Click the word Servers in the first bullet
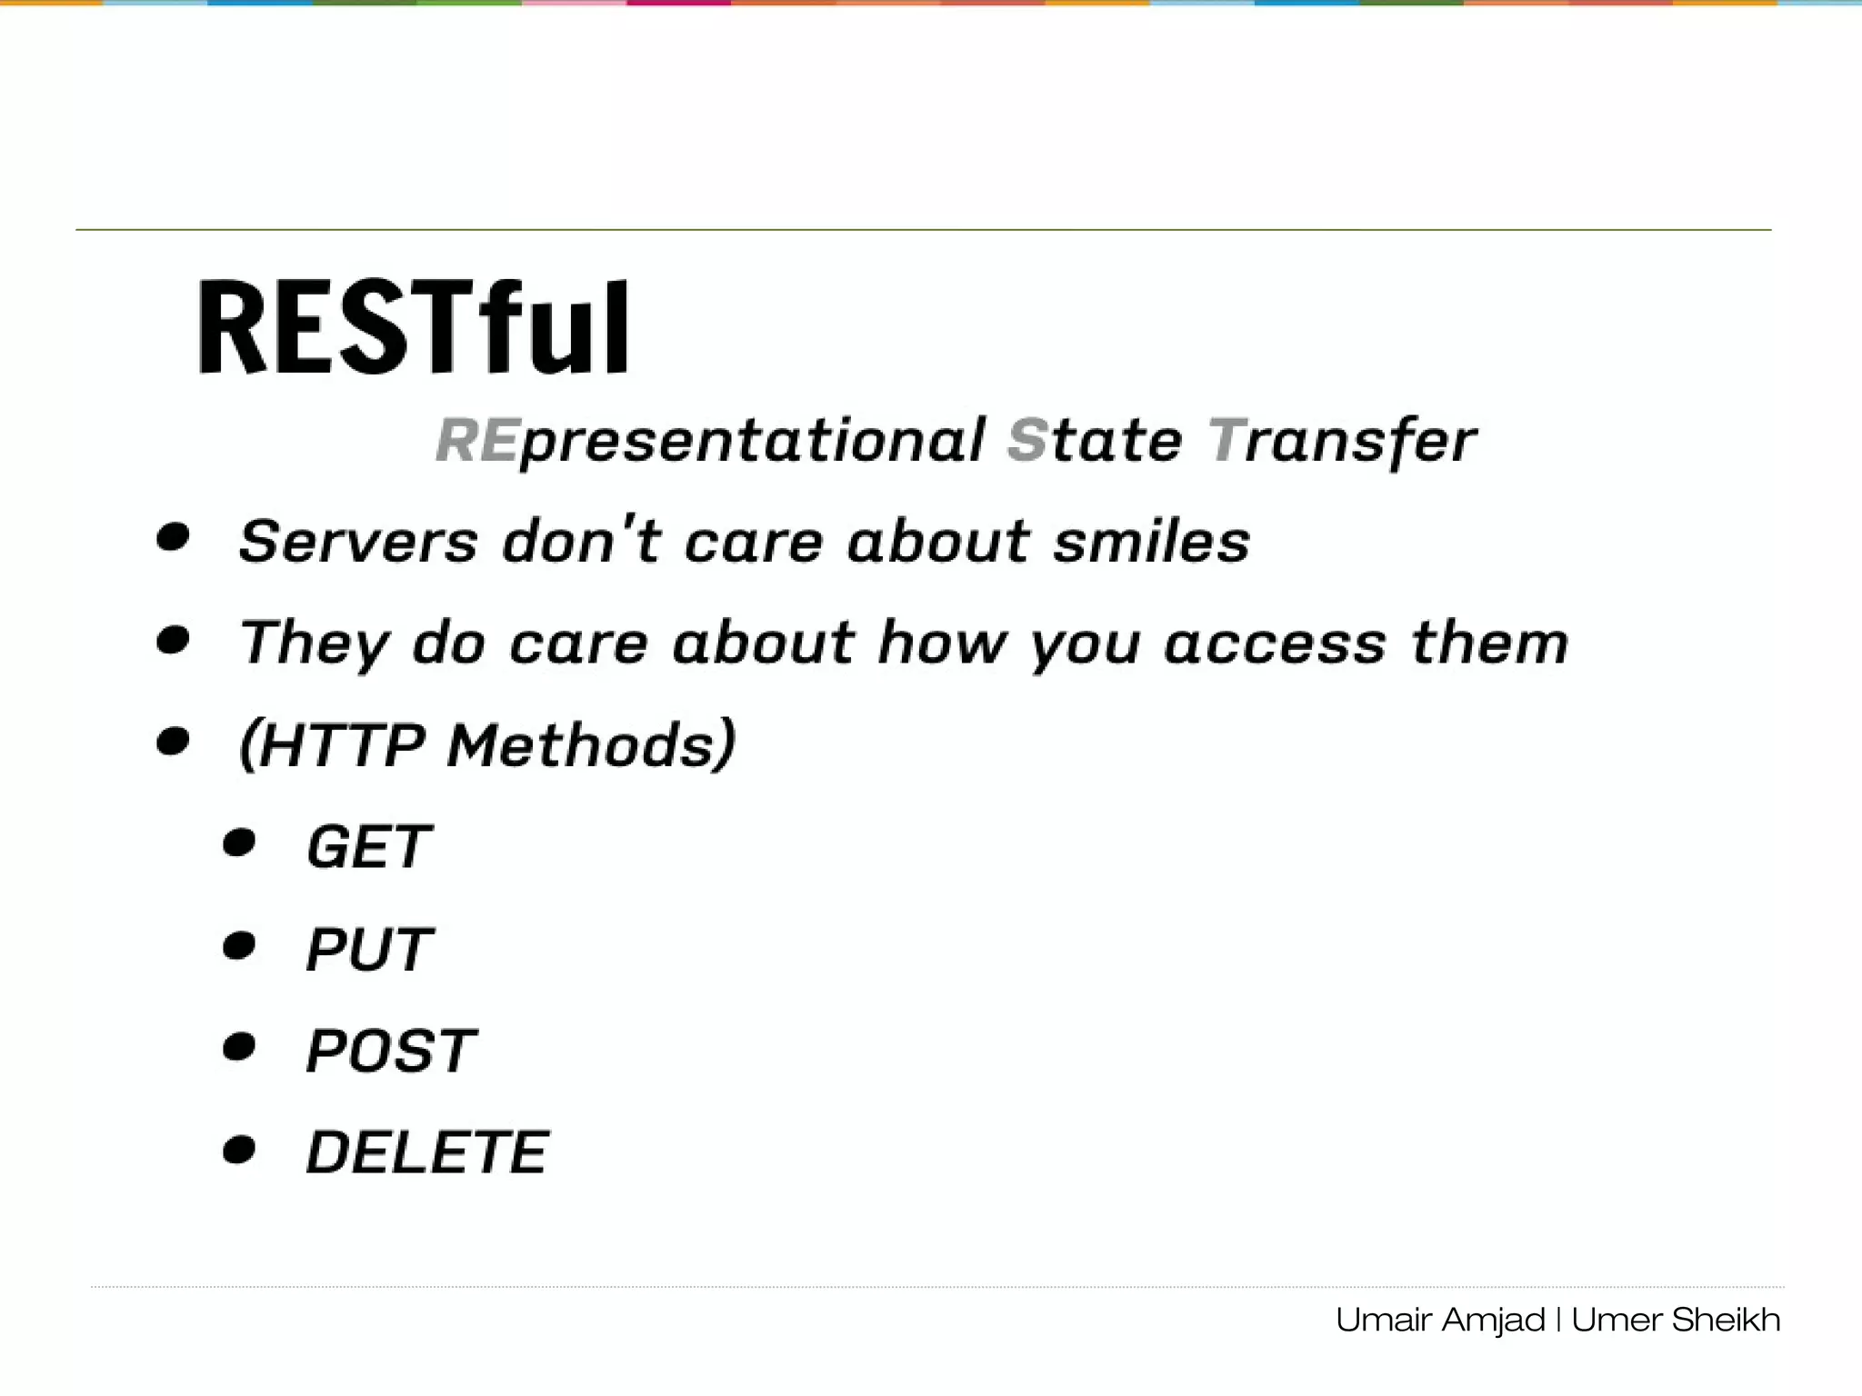358,542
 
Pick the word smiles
1152,542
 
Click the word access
1275,643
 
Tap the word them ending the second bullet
1490,643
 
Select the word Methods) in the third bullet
591,745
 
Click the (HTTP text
332,745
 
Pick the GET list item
368,847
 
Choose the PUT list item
369,950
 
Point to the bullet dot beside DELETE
239,1151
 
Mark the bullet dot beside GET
239,843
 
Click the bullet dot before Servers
173,537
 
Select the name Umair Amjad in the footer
1440,1320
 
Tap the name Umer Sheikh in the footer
1676,1320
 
